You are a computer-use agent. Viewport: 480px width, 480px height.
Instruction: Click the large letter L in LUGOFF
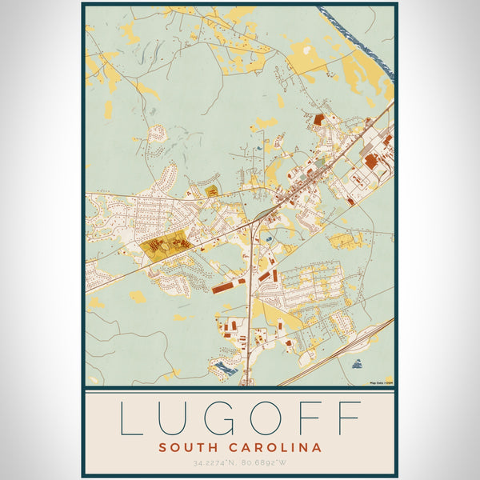[x=131, y=418]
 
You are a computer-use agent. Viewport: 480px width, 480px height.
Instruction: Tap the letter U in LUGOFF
[x=175, y=418]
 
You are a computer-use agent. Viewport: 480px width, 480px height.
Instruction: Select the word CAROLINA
[x=277, y=447]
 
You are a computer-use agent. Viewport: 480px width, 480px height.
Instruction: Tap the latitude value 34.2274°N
[x=216, y=463]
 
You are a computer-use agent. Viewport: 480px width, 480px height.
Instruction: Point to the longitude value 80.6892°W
[x=265, y=463]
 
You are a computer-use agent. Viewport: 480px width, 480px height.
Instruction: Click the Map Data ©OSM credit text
[x=381, y=383]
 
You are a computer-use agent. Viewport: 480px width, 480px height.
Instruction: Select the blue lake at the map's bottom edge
[x=224, y=369]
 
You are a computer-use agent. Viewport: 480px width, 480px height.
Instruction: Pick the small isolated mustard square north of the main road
[x=212, y=191]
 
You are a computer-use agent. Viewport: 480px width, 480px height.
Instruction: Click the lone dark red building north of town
[x=318, y=120]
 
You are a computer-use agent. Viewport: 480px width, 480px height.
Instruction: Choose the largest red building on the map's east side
[x=371, y=162]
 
